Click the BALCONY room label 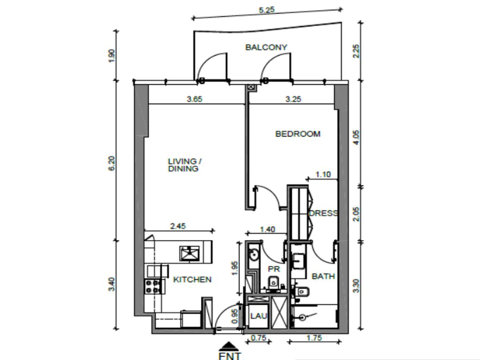tap(266, 47)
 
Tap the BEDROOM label tap(298, 134)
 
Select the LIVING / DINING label tap(184, 165)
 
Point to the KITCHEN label tap(192, 280)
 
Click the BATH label tap(323, 276)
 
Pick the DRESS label tap(323, 213)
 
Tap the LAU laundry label tap(259, 316)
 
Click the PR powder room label tap(274, 269)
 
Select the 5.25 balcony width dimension tap(266, 10)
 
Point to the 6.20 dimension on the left tap(112, 163)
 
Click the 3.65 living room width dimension tap(194, 99)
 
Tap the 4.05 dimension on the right tap(356, 137)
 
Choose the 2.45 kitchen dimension tap(178, 226)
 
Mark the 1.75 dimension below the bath tap(314, 338)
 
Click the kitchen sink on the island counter tap(190, 253)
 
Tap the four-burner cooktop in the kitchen tap(152, 286)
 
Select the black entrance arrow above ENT tap(229, 346)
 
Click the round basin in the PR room tap(254, 255)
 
